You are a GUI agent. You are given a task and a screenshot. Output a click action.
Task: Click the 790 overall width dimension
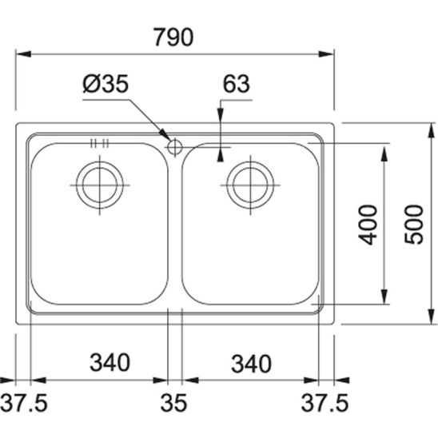(173, 37)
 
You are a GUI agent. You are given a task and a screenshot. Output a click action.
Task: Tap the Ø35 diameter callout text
(106, 83)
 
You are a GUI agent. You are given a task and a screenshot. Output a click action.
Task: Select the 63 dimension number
(236, 83)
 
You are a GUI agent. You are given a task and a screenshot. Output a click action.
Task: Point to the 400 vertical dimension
(368, 225)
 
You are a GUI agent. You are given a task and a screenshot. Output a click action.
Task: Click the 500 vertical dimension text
(414, 225)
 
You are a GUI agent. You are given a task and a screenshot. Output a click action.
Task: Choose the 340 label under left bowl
(109, 362)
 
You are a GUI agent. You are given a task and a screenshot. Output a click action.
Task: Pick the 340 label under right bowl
(251, 364)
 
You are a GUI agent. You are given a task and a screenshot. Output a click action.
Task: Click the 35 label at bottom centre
(173, 403)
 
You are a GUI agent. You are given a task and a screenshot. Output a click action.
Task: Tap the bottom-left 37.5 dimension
(24, 403)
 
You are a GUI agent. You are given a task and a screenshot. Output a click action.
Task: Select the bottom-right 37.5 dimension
(325, 403)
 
